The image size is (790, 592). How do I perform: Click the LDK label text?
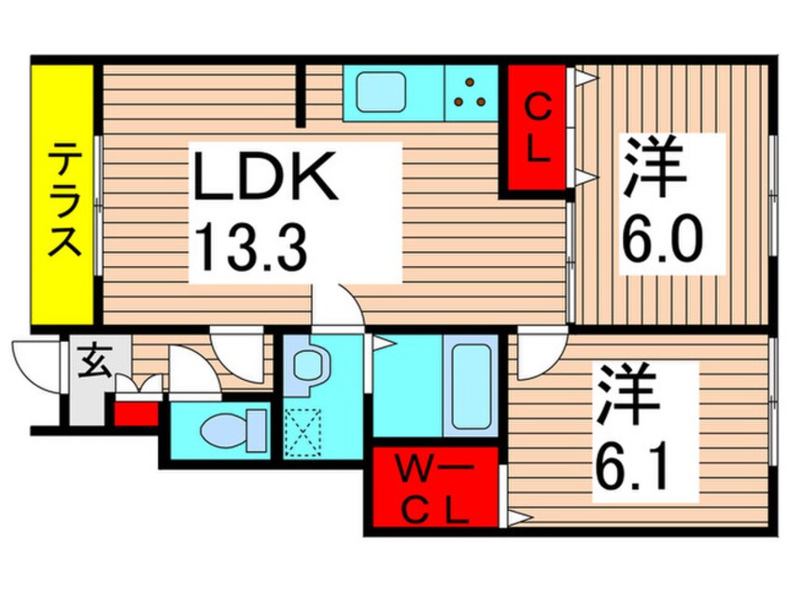pyautogui.click(x=264, y=176)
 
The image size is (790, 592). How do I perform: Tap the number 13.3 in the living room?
pyautogui.click(x=250, y=247)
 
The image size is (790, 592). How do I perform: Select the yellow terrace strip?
pyautogui.click(x=63, y=194)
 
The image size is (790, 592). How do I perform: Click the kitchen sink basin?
pyautogui.click(x=381, y=92)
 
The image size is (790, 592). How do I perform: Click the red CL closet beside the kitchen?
pyautogui.click(x=537, y=128)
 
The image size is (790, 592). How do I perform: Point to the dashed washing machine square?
pyautogui.click(x=303, y=432)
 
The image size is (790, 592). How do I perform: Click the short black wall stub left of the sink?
pyautogui.click(x=301, y=95)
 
